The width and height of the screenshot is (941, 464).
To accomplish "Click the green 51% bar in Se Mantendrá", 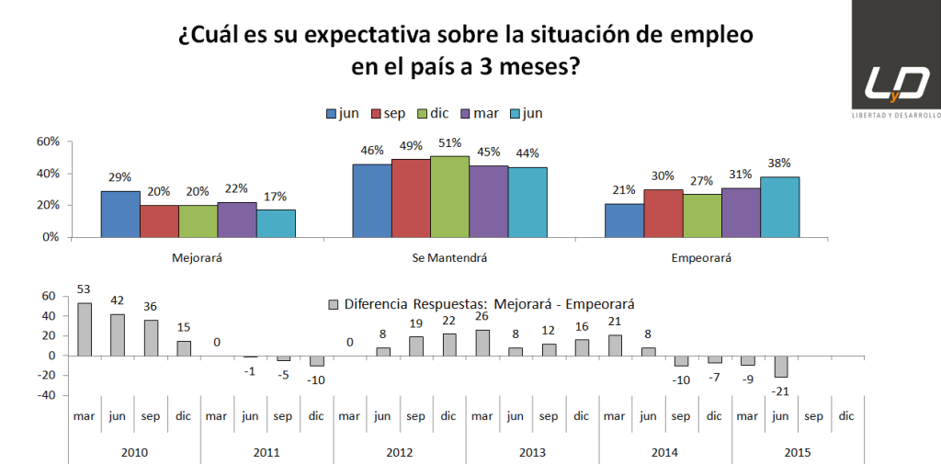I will tap(450, 197).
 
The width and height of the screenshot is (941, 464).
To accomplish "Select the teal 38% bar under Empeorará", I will tap(779, 207).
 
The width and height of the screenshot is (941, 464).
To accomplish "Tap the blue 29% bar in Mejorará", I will tap(120, 214).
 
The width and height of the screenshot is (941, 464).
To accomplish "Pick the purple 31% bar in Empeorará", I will tap(741, 212).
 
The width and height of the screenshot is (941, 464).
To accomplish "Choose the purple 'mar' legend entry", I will tap(479, 113).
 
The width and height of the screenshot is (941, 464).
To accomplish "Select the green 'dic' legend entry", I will tap(433, 113).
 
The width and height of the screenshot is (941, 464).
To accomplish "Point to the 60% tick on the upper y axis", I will tap(48, 141).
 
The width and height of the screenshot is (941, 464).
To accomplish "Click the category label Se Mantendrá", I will tap(450, 258).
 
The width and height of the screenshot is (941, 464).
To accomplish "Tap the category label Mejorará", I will tap(198, 258).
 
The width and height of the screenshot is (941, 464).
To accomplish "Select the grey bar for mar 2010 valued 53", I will tap(85, 329).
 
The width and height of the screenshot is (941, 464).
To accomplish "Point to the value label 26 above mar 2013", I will tap(482, 318).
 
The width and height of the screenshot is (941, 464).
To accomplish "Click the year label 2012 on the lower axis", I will tap(399, 452).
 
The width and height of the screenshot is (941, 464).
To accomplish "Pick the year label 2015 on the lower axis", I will tap(798, 452).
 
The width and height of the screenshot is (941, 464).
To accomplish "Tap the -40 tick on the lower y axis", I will tap(46, 395).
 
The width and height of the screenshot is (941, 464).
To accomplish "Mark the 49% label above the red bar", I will tap(411, 146).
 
